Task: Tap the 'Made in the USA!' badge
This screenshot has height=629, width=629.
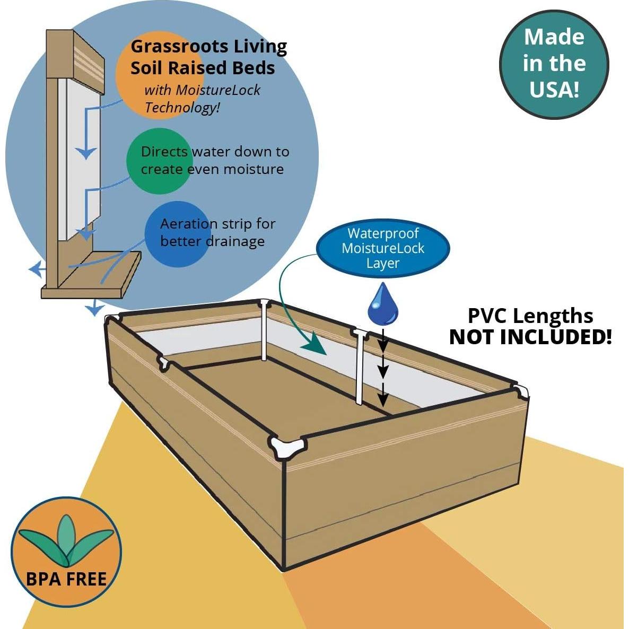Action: point(554,64)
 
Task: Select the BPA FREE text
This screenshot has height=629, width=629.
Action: point(66,579)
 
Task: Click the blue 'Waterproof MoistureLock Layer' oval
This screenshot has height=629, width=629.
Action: point(382,248)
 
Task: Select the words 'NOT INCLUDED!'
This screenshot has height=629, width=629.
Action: point(530,337)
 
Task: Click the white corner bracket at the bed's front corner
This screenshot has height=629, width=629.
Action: point(288,448)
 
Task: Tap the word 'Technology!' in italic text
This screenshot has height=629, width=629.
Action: point(182,108)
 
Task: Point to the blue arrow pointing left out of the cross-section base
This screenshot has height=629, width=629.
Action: point(36,269)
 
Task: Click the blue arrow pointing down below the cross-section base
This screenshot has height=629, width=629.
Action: point(94,308)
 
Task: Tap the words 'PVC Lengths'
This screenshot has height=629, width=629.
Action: point(530,316)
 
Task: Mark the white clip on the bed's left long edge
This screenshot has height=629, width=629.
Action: point(164,364)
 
